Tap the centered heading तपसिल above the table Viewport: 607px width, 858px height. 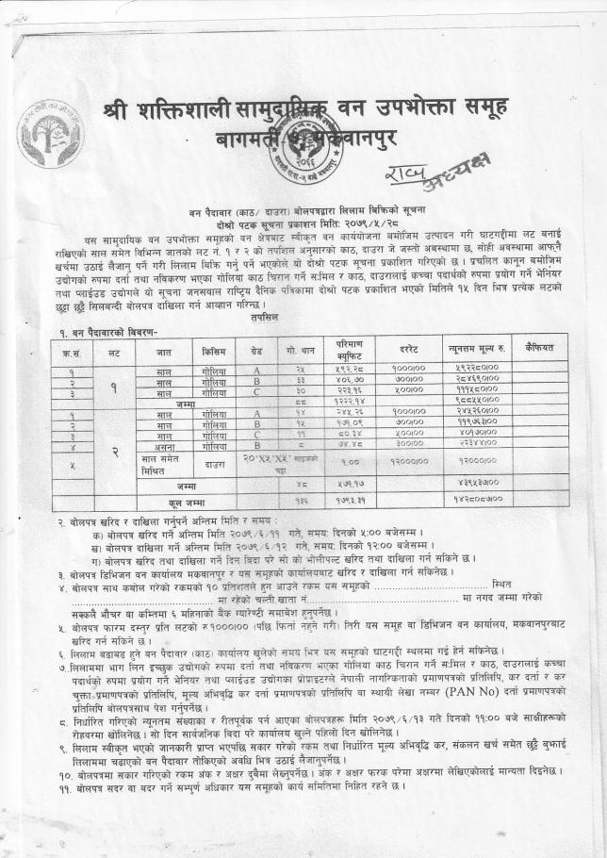pos(303,318)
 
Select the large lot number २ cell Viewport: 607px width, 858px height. pos(113,453)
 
